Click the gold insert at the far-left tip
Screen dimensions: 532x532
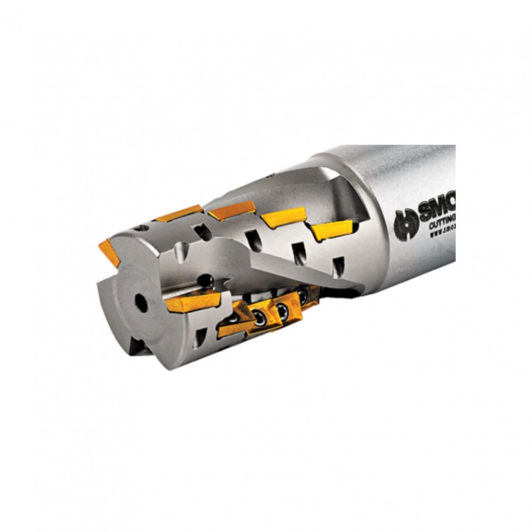109,251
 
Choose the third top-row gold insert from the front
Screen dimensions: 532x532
284,217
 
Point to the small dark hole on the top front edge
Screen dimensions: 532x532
141,228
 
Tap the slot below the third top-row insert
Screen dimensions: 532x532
298,252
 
